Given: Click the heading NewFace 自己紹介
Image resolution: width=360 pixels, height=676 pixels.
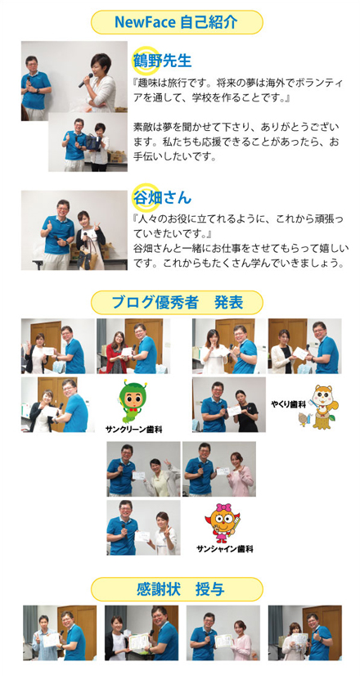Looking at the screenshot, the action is (177, 22).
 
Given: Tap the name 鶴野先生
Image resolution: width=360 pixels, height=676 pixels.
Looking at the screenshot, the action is (162, 61).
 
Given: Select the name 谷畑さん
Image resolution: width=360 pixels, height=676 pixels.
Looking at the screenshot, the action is (162, 198).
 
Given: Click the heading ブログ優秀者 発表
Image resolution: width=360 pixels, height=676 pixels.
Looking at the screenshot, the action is (177, 303).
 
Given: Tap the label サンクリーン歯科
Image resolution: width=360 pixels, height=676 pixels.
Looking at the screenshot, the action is (133, 430).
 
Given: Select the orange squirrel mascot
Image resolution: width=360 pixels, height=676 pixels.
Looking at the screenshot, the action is (320, 407).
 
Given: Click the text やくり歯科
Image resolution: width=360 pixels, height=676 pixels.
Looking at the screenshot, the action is (289, 404).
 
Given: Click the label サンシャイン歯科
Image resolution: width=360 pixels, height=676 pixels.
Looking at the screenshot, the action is (225, 549).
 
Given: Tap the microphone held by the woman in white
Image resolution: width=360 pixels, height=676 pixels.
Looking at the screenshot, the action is (86, 81).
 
